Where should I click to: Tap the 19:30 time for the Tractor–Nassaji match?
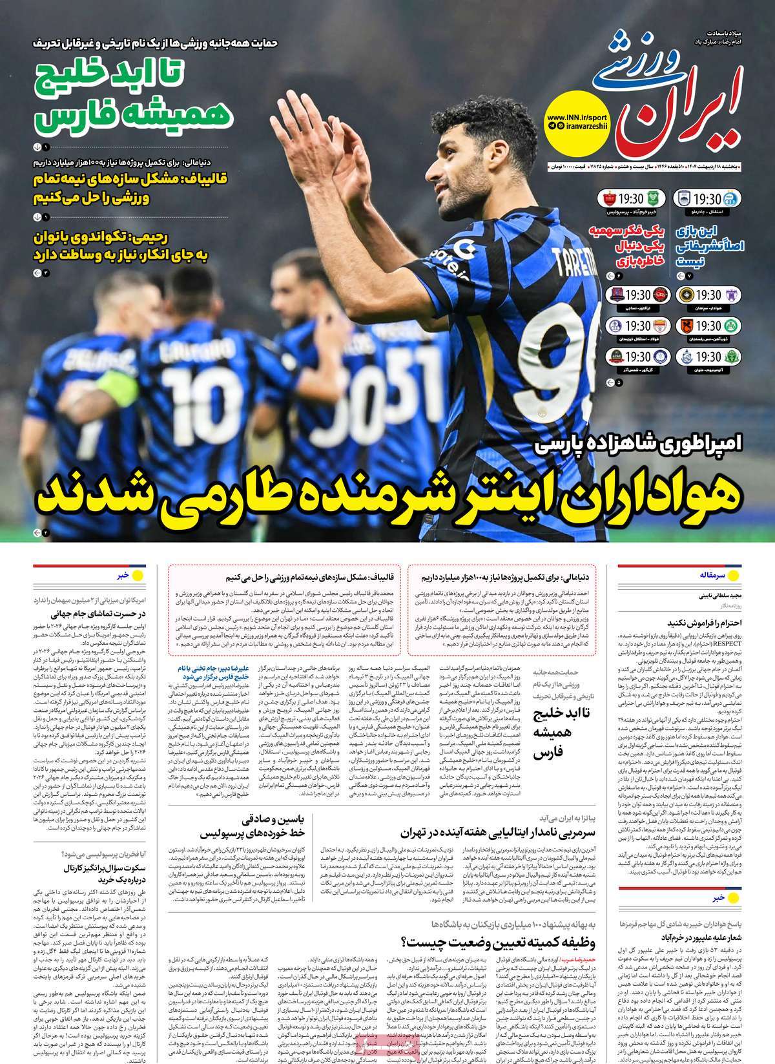pos(637,296)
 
